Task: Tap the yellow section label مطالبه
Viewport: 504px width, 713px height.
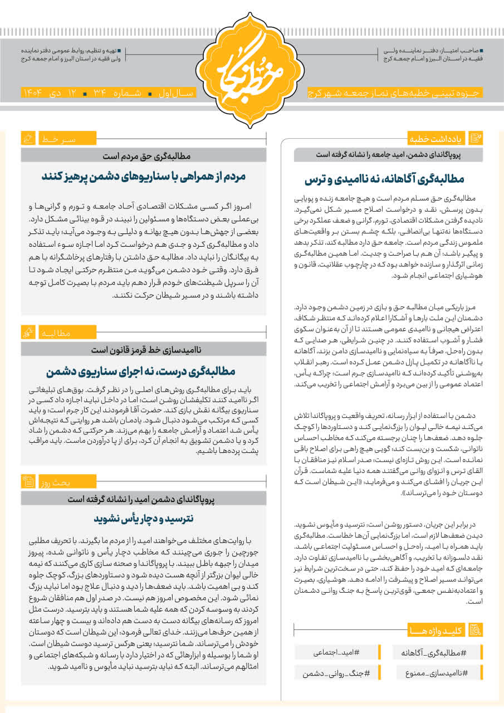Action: point(55,333)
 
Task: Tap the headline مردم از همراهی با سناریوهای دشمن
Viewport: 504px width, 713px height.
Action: point(144,177)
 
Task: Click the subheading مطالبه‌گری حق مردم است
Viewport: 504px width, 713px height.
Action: point(144,156)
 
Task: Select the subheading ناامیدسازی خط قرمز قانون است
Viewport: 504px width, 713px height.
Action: point(144,350)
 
